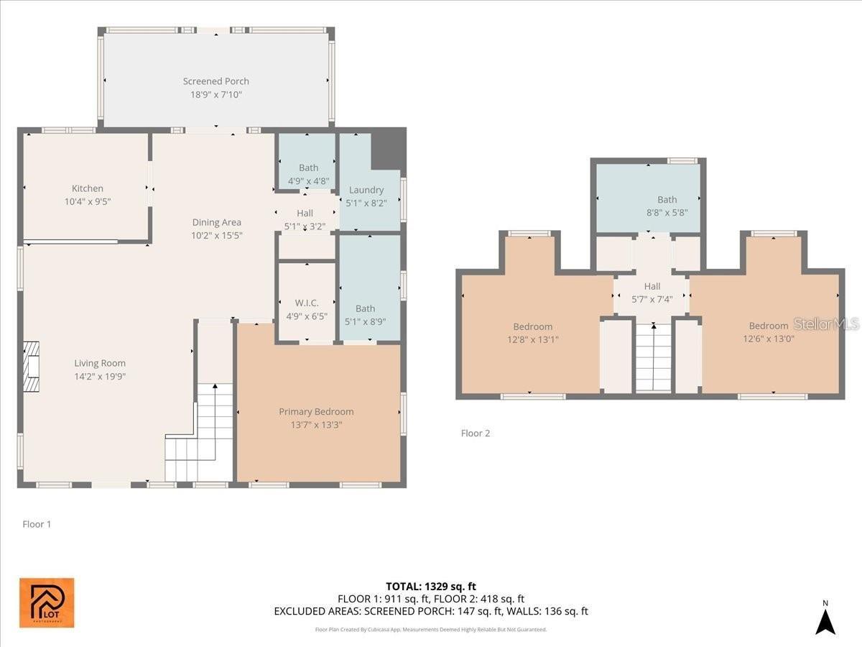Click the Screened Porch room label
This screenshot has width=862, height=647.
215,81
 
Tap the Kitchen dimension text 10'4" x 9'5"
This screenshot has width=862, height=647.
88,202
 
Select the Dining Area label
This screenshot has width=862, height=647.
216,222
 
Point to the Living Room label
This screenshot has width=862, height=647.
100,363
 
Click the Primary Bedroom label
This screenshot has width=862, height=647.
316,411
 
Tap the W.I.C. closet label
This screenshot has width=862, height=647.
307,303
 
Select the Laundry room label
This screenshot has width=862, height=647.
366,190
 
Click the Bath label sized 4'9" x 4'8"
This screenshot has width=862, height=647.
308,168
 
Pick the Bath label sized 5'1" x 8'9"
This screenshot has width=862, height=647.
365,308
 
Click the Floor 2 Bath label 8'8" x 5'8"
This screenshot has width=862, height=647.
667,200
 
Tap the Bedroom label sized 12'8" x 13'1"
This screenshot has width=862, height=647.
532,326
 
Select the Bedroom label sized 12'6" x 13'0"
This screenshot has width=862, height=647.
768,326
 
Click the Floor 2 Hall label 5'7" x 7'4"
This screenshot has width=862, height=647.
652,286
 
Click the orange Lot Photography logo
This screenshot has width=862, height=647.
46,602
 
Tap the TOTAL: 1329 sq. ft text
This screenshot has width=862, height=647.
431,587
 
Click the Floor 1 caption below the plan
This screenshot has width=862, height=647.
37,524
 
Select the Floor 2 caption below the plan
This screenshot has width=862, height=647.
475,433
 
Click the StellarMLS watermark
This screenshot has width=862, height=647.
825,324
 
